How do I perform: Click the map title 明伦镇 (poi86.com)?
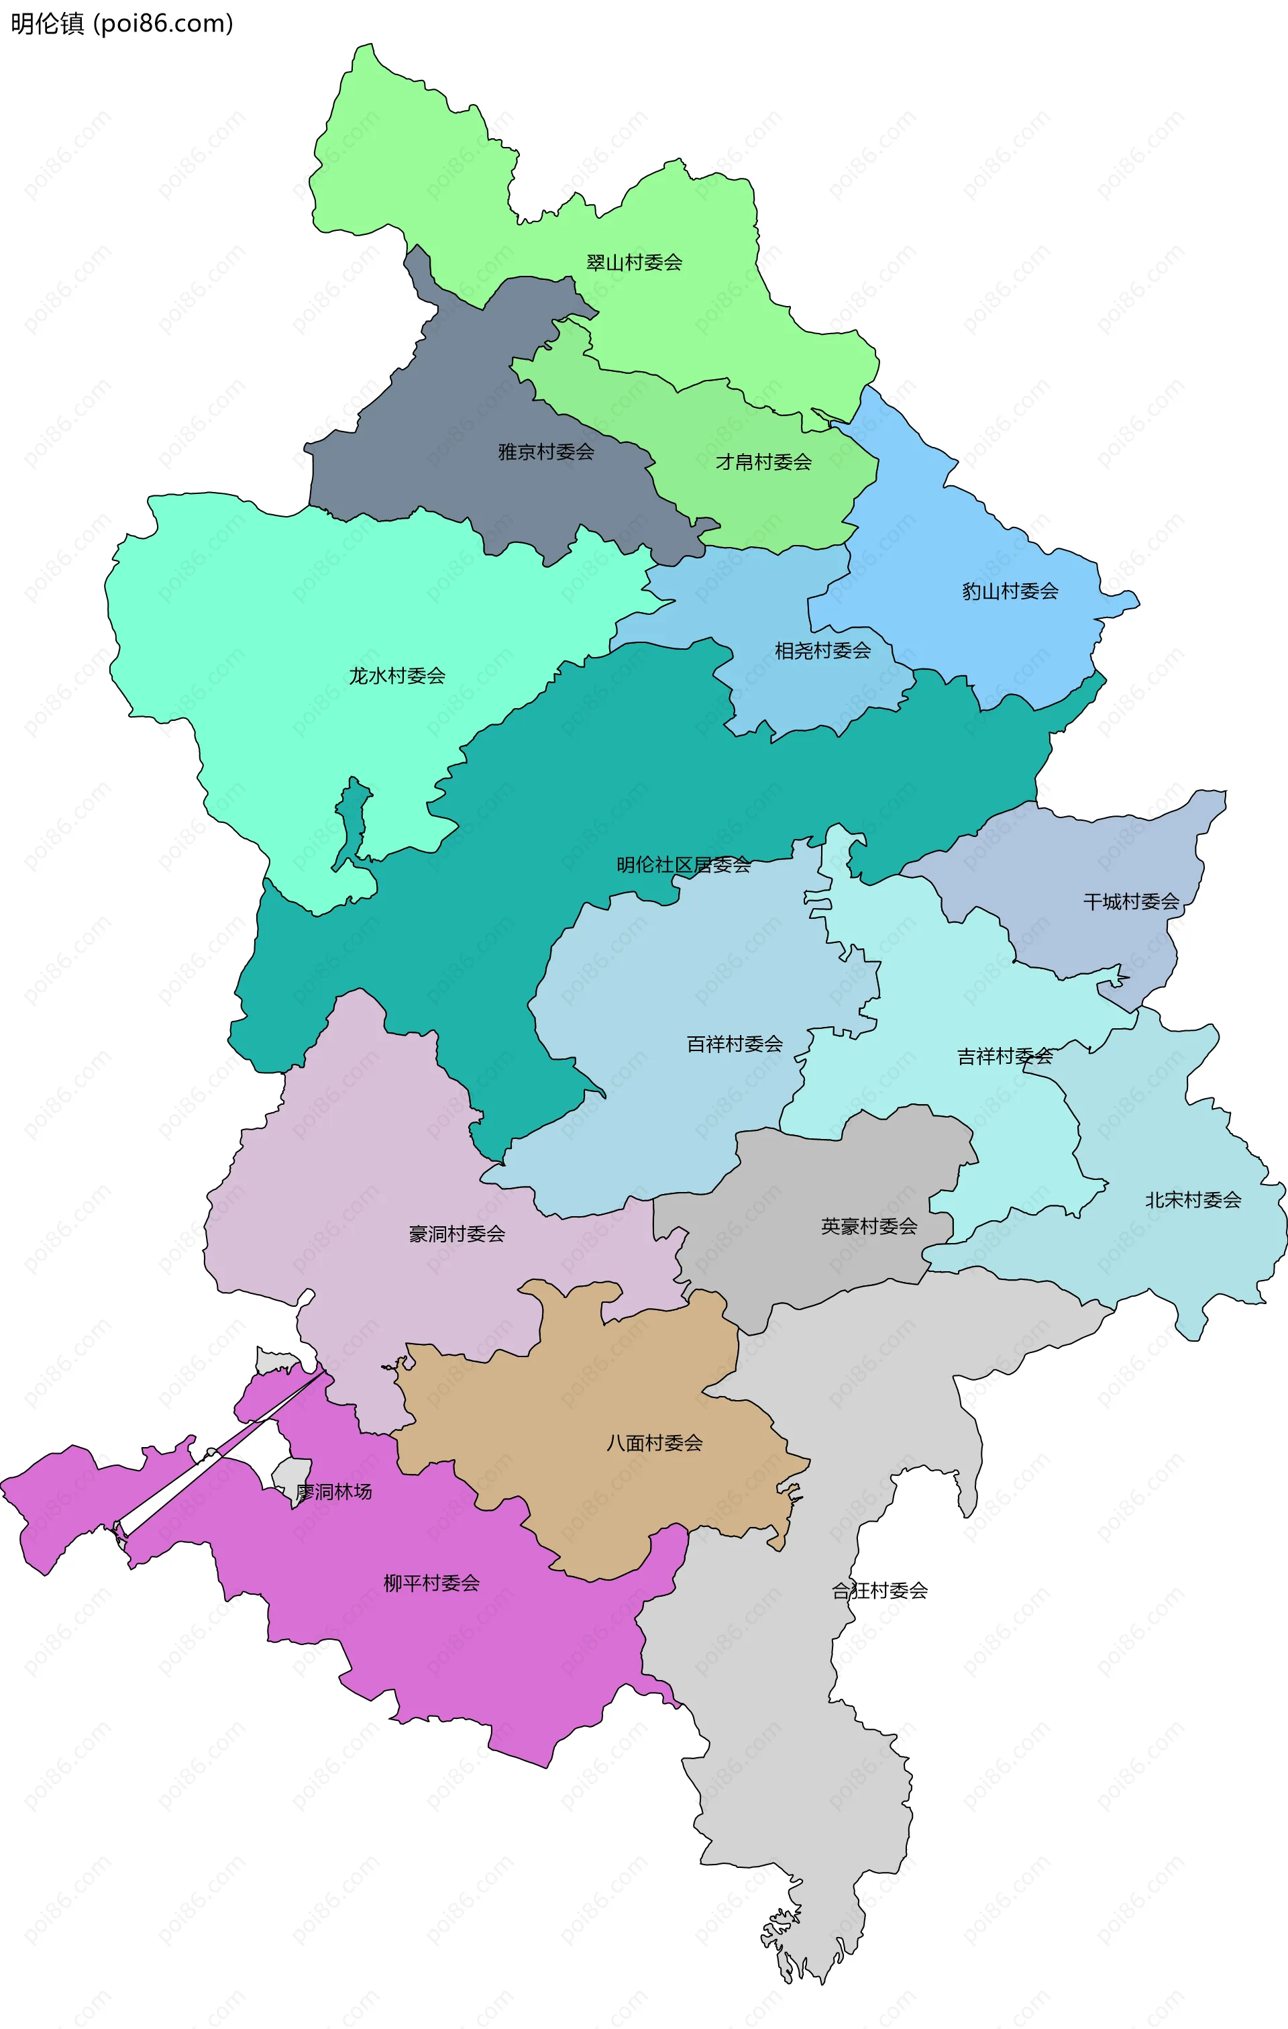pyautogui.click(x=121, y=23)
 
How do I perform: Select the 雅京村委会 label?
pyautogui.click(x=546, y=452)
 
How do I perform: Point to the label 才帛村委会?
pyautogui.click(x=763, y=462)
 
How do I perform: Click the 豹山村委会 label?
pyautogui.click(x=1010, y=591)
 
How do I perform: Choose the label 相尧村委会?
pyautogui.click(x=822, y=650)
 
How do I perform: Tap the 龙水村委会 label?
pyautogui.click(x=396, y=676)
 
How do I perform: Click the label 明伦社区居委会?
pyautogui.click(x=683, y=864)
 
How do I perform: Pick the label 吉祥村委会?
pyautogui.click(x=1004, y=1056)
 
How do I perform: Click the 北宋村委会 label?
pyautogui.click(x=1193, y=1200)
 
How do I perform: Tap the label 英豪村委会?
pyautogui.click(x=869, y=1226)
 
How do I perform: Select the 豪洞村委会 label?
pyautogui.click(x=457, y=1234)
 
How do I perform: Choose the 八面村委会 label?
pyautogui.click(x=655, y=1443)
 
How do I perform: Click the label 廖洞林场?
pyautogui.click(x=333, y=1492)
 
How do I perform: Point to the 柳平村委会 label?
pyautogui.click(x=431, y=1583)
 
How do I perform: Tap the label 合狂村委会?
pyautogui.click(x=879, y=1591)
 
